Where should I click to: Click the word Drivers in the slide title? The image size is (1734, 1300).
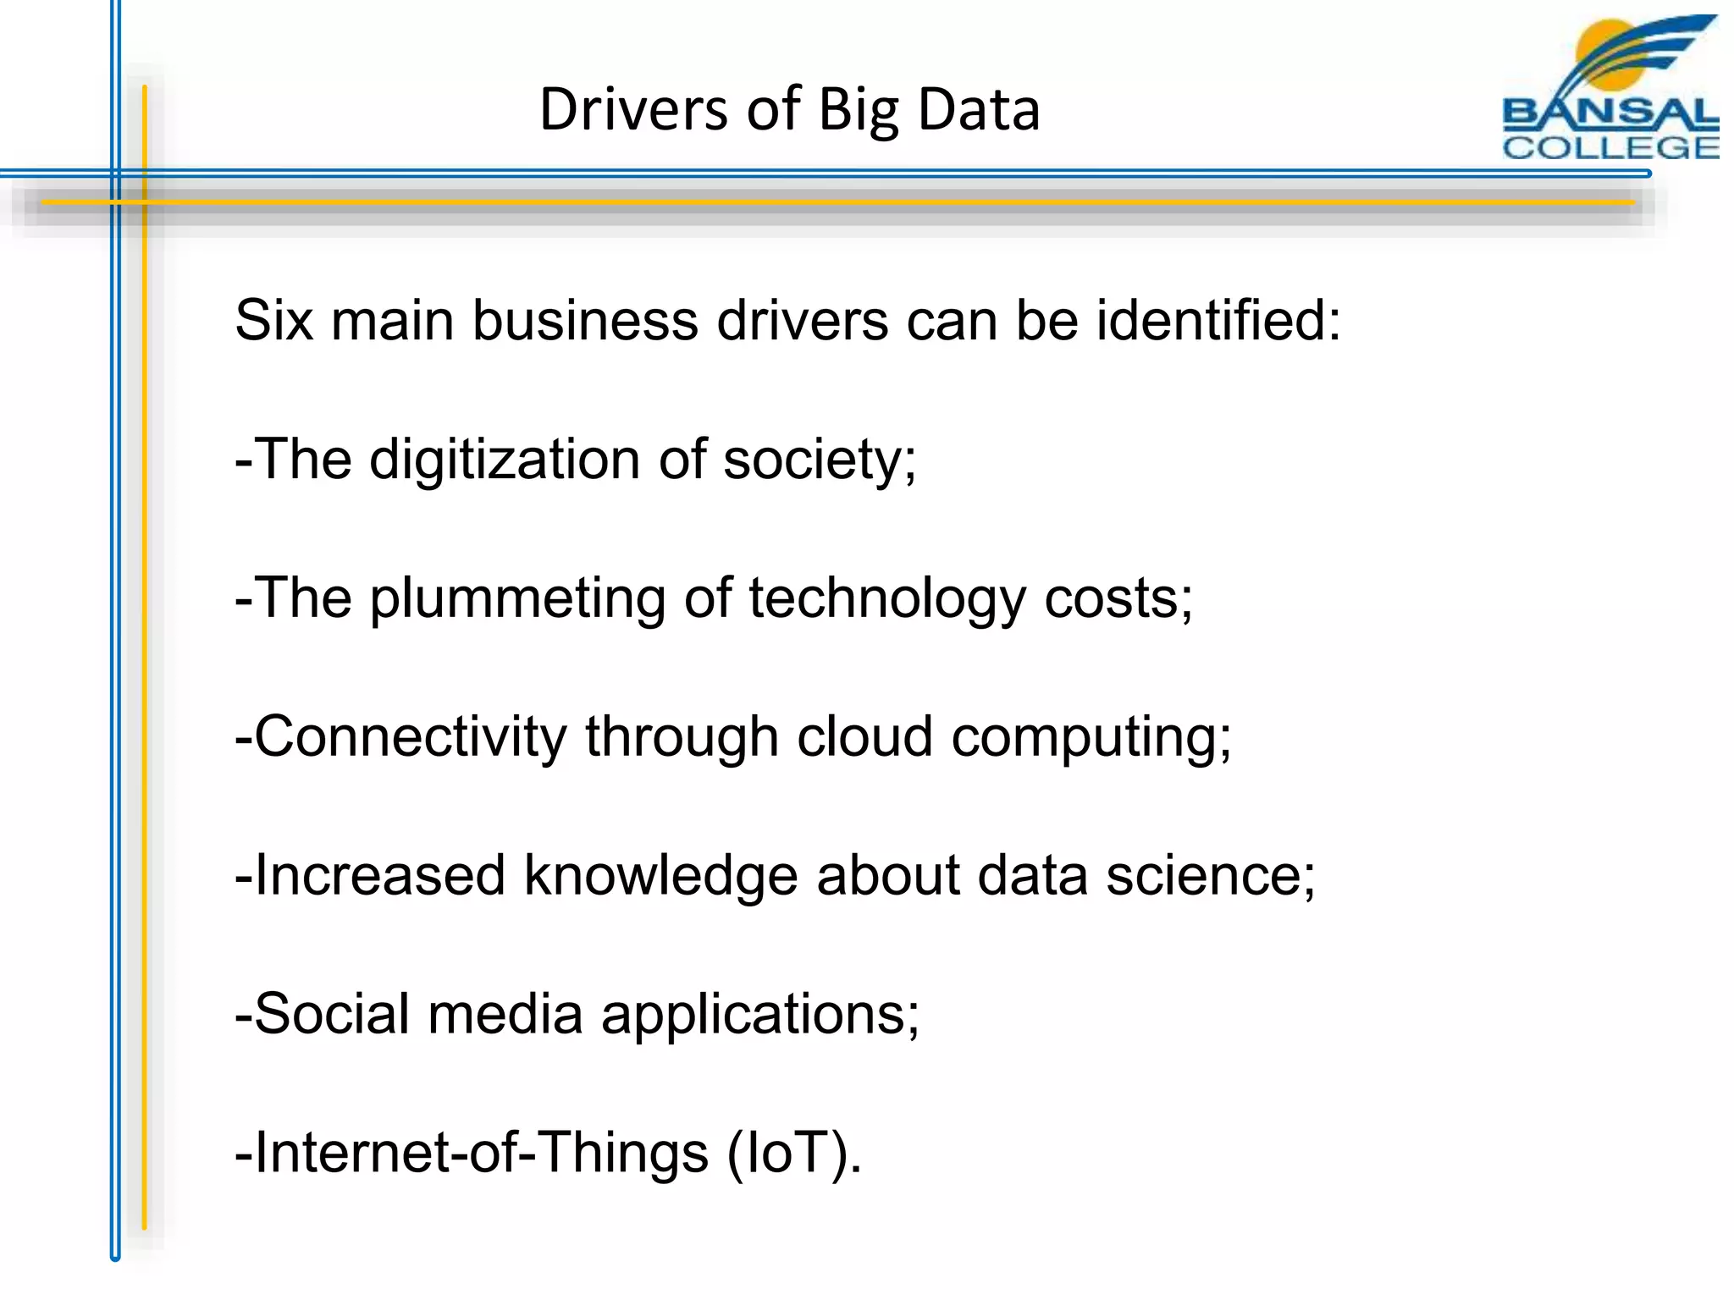[633, 110]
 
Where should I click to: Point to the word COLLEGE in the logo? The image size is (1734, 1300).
[1610, 147]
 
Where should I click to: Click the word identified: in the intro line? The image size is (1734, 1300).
[1218, 321]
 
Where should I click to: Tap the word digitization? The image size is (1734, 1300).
[505, 460]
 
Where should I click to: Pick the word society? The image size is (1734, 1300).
[820, 460]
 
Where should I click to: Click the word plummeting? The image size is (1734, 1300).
[517, 599]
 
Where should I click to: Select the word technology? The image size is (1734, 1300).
[886, 599]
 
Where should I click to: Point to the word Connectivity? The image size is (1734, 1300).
[410, 736]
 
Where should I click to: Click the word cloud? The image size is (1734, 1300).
[864, 736]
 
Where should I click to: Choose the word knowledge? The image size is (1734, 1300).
[660, 875]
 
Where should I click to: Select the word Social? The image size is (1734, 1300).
[332, 1014]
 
